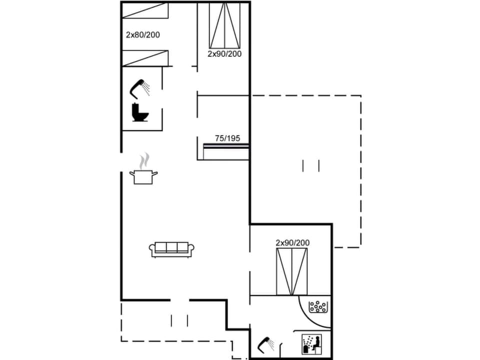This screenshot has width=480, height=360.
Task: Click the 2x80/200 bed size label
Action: tap(142, 35)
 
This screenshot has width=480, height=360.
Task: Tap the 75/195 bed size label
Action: tap(227, 138)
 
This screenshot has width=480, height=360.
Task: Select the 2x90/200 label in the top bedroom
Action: tap(224, 53)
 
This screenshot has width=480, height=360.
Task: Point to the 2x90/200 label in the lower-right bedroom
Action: tap(292, 243)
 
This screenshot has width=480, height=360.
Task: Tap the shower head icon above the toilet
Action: tap(140, 88)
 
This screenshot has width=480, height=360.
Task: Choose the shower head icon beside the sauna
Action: tap(265, 344)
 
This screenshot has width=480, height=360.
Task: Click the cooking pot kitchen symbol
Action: tap(143, 176)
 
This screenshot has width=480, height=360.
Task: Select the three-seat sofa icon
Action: tap(171, 249)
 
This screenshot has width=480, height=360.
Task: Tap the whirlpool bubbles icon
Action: tap(318, 306)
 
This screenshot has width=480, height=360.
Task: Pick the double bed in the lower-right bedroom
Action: tap(292, 271)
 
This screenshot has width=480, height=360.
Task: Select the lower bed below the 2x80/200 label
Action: tap(145, 58)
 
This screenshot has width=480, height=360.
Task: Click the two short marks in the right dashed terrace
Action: tap(310, 165)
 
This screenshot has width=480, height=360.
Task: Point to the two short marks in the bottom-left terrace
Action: tap(179, 320)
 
